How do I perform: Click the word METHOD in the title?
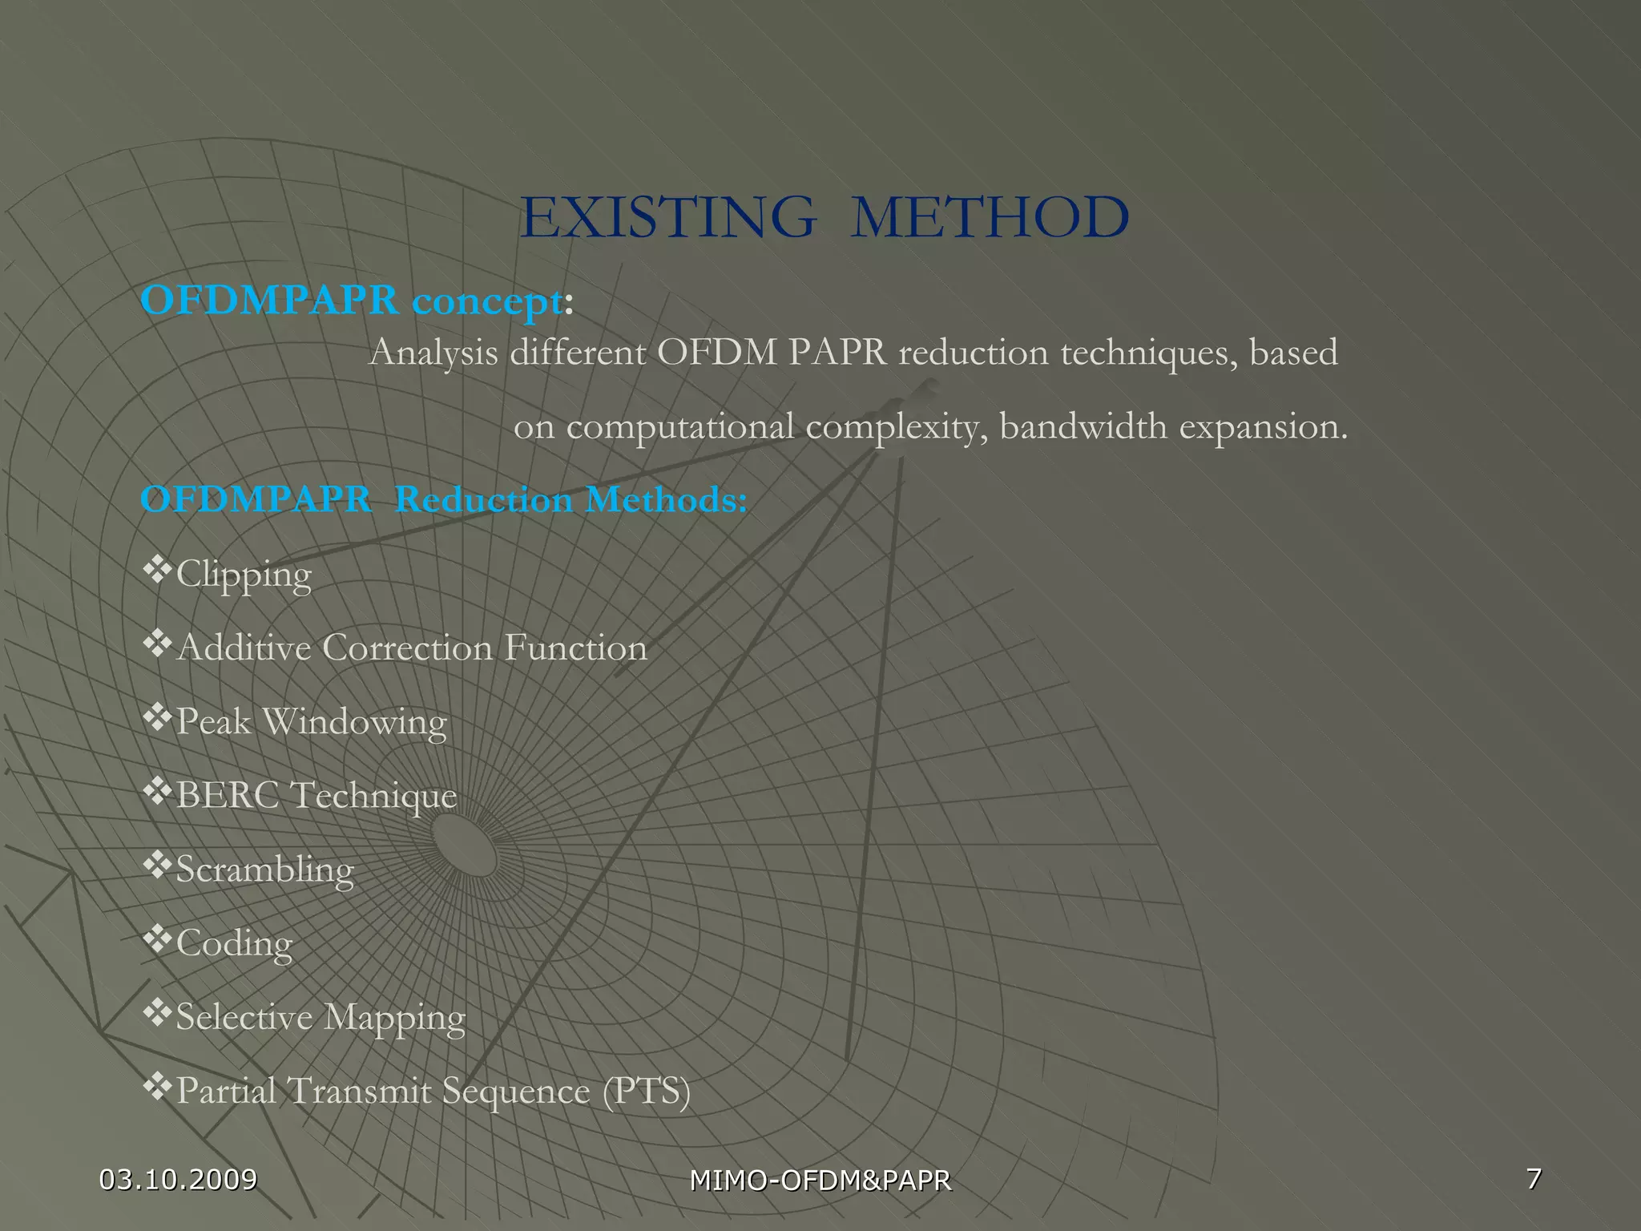(x=990, y=218)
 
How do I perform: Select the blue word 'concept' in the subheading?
(x=487, y=301)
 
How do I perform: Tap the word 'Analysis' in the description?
(x=433, y=353)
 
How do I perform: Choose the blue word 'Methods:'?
(x=667, y=500)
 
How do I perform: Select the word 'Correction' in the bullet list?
(x=407, y=648)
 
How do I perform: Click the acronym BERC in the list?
(x=228, y=796)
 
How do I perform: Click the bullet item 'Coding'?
(x=234, y=943)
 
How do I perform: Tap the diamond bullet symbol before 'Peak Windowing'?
(x=157, y=717)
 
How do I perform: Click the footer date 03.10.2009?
(x=178, y=1179)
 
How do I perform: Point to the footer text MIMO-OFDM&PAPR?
(x=820, y=1181)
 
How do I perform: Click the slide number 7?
(x=1534, y=1178)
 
